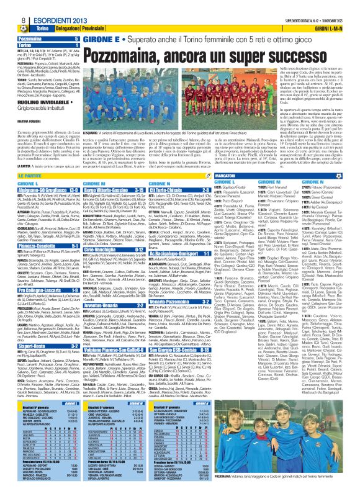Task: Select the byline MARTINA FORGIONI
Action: tap(32, 120)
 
